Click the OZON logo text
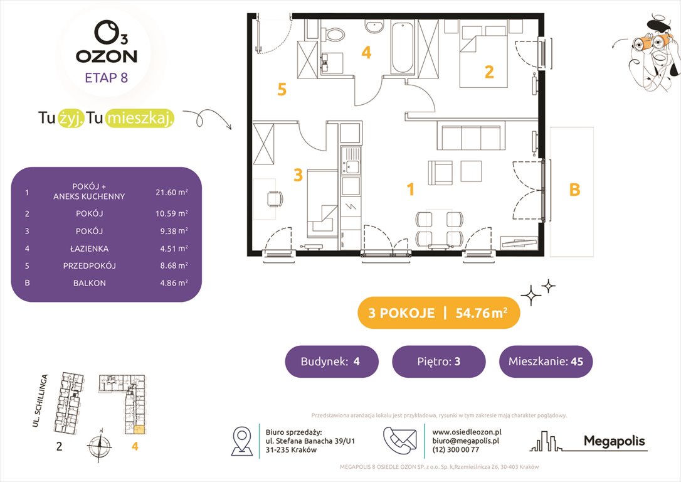click(x=107, y=56)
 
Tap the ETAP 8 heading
click(x=107, y=78)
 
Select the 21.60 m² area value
click(x=172, y=191)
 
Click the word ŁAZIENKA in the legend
click(x=90, y=249)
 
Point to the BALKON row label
click(x=90, y=283)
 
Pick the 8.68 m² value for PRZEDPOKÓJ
click(x=174, y=265)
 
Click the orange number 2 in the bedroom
click(x=489, y=72)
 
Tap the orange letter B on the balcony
click(x=574, y=190)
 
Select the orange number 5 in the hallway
click(x=282, y=90)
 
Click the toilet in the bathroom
click(x=333, y=33)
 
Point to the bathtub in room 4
click(x=403, y=48)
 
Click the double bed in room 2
click(x=483, y=56)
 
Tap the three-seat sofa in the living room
click(x=471, y=136)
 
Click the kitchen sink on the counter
click(x=350, y=161)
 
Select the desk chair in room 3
click(x=275, y=199)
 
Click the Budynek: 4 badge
click(x=331, y=361)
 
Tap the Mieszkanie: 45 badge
click(x=546, y=361)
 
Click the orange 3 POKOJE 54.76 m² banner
click(x=438, y=313)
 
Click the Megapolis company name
click(x=614, y=441)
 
